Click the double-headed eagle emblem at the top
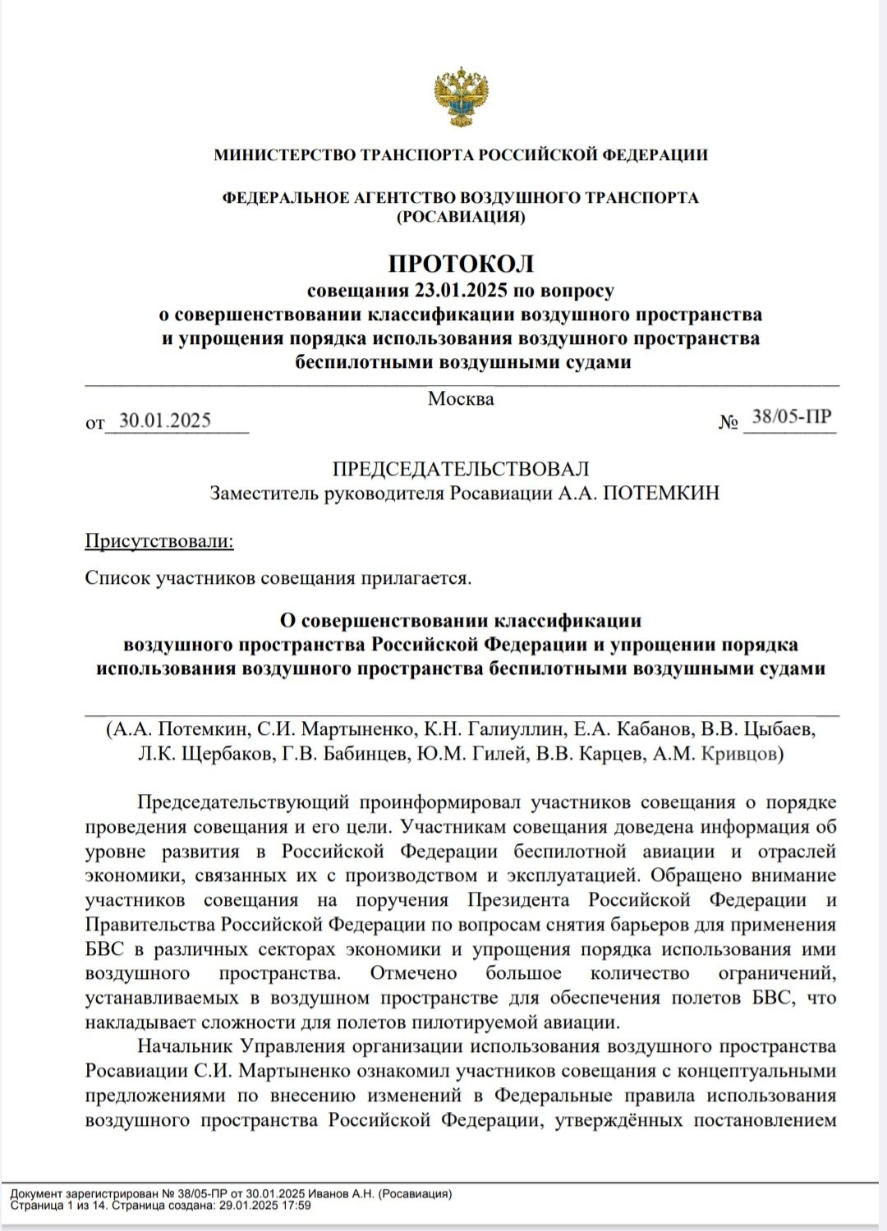(x=461, y=97)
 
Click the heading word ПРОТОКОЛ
(x=461, y=264)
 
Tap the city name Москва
(x=461, y=400)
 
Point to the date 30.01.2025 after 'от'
(x=165, y=420)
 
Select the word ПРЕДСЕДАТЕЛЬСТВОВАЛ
(x=461, y=469)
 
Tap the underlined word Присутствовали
(x=159, y=541)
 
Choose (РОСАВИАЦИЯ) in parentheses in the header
(x=461, y=217)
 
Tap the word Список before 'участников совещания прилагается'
(x=117, y=577)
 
